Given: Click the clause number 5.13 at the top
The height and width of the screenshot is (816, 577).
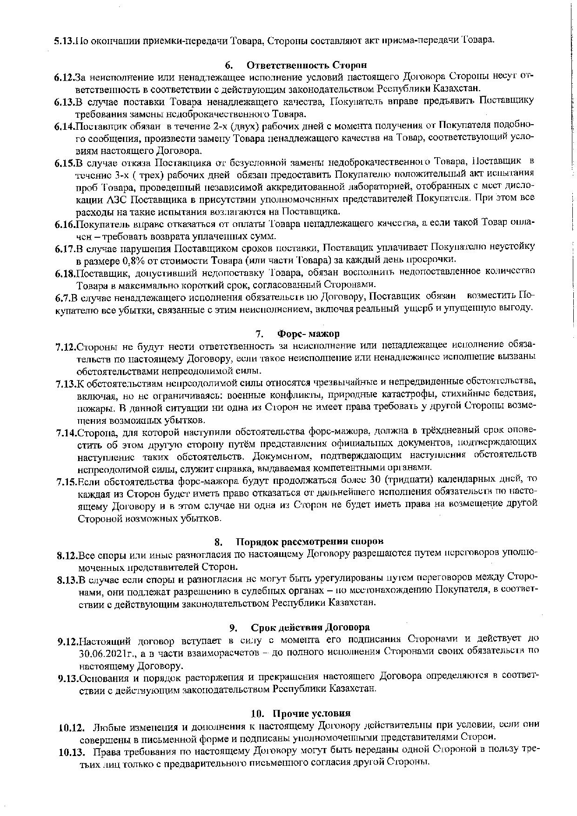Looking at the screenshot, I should tap(64, 40).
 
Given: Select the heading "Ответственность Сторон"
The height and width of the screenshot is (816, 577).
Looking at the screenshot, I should tap(307, 65).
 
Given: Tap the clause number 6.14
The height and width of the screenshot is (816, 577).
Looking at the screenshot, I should tap(64, 126).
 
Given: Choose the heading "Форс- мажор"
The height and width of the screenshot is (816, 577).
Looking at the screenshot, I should tap(308, 334).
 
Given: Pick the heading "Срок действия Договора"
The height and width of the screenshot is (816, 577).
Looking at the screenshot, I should tap(310, 627).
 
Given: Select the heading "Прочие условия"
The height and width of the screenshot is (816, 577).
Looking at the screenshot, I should tap(311, 713).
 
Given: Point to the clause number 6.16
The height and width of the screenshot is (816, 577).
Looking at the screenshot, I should tap(64, 225).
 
